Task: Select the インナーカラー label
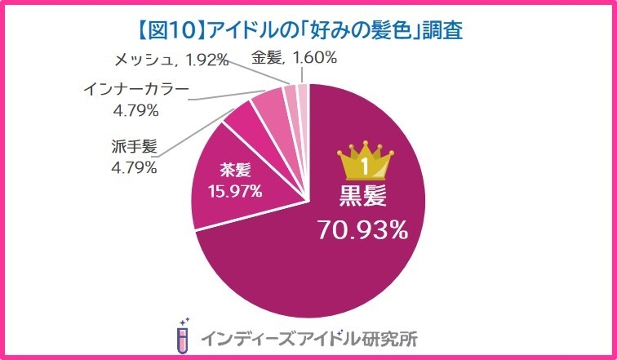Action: tap(135, 87)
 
